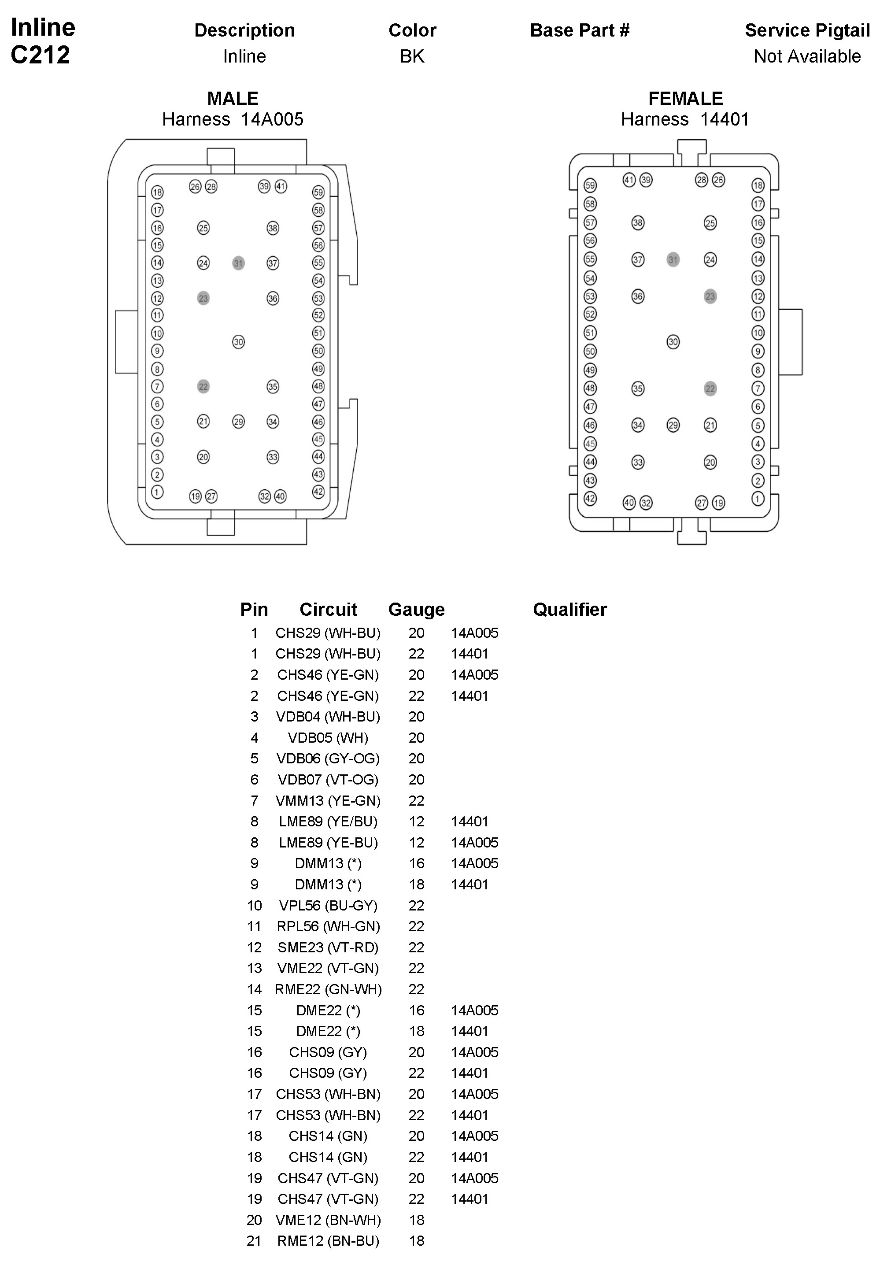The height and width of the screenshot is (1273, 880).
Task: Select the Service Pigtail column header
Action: (807, 30)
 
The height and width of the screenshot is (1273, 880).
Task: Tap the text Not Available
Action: (807, 56)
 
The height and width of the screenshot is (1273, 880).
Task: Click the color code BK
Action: (412, 56)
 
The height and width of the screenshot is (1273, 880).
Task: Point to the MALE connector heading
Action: (233, 98)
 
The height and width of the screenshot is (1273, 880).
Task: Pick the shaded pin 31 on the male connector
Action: (238, 263)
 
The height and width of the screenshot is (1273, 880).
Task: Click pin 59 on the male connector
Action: (318, 192)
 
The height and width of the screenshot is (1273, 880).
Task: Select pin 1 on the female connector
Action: (758, 499)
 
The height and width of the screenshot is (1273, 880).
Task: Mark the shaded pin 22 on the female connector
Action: (710, 389)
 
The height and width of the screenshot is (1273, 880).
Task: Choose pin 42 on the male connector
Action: (318, 492)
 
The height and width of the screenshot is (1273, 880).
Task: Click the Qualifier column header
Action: (569, 609)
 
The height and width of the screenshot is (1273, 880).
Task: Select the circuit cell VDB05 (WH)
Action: (328, 738)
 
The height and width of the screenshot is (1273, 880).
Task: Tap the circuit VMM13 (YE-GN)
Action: (328, 800)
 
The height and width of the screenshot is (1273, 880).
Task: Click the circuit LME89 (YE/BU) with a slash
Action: (328, 822)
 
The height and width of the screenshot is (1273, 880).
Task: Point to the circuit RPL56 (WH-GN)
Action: (328, 926)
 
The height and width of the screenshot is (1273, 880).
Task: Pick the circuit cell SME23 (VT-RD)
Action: (328, 947)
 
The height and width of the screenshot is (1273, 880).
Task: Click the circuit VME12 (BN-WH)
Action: (328, 1220)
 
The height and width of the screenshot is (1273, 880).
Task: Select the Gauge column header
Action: (416, 609)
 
